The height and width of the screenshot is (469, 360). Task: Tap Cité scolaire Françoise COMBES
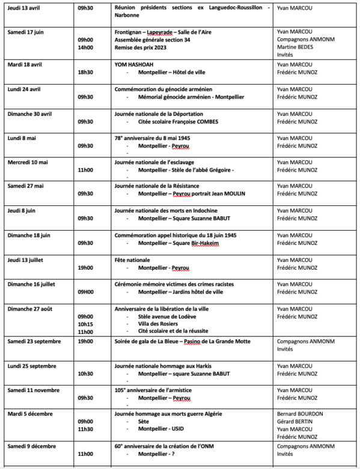(173, 121)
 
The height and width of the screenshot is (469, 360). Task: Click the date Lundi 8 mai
(21, 138)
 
